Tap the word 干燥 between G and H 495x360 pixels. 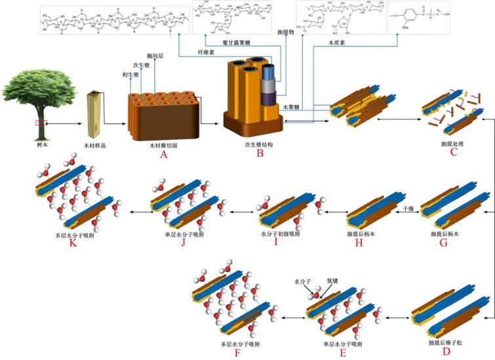[x=408, y=208]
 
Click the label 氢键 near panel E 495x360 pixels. [x=333, y=281]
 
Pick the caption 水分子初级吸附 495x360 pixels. [x=280, y=234]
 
